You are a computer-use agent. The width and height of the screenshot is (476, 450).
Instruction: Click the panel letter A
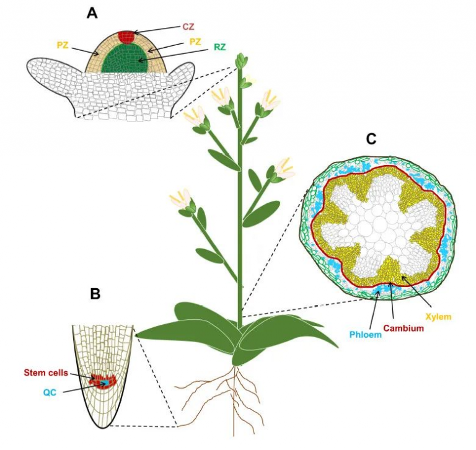(x=92, y=13)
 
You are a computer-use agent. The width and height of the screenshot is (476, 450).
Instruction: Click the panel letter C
(x=371, y=139)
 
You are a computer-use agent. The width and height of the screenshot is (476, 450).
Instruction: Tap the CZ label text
(x=188, y=27)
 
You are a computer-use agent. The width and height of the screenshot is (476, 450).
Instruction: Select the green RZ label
(x=220, y=46)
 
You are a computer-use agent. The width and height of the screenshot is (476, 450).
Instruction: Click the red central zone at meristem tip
(x=126, y=35)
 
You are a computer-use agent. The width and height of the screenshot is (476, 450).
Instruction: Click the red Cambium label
(x=404, y=328)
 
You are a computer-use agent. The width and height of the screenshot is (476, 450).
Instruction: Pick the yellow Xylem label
(x=438, y=317)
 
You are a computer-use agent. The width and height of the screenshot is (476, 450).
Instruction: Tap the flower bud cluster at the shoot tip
(x=241, y=61)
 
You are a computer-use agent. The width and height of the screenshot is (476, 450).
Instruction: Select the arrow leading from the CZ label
(x=158, y=29)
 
